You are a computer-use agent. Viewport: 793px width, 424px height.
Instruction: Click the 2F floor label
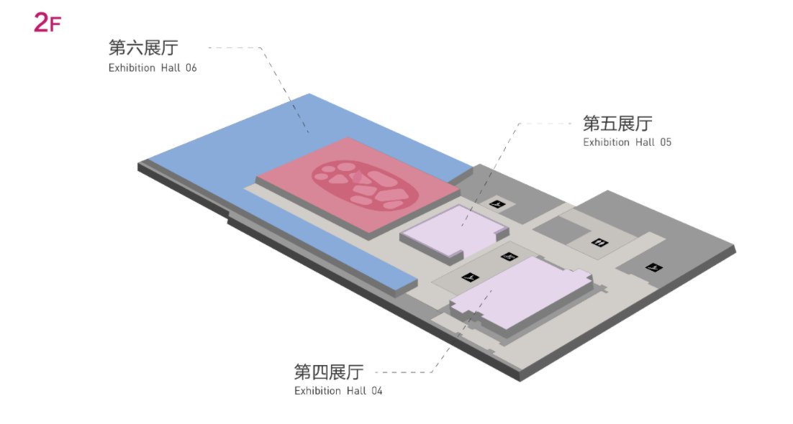[47, 22]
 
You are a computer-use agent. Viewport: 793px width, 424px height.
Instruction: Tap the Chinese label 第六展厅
[144, 47]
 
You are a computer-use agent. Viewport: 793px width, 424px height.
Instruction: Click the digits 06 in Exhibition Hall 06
[191, 68]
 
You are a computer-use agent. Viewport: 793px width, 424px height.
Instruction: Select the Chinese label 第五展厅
[617, 123]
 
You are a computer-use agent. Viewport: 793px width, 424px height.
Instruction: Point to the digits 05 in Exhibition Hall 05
[666, 142]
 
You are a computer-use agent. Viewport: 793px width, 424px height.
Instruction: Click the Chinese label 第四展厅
[329, 372]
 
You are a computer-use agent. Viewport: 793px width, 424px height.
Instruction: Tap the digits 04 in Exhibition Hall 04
[376, 391]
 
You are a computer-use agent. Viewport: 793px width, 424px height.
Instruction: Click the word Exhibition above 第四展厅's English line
[317, 391]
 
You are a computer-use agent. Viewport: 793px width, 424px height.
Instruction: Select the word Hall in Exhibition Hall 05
[645, 142]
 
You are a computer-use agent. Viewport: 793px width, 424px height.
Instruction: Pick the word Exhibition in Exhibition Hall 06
[132, 68]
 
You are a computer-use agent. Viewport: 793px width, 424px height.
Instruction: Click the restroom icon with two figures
[599, 243]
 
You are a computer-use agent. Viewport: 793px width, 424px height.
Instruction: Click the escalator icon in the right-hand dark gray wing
[654, 267]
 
